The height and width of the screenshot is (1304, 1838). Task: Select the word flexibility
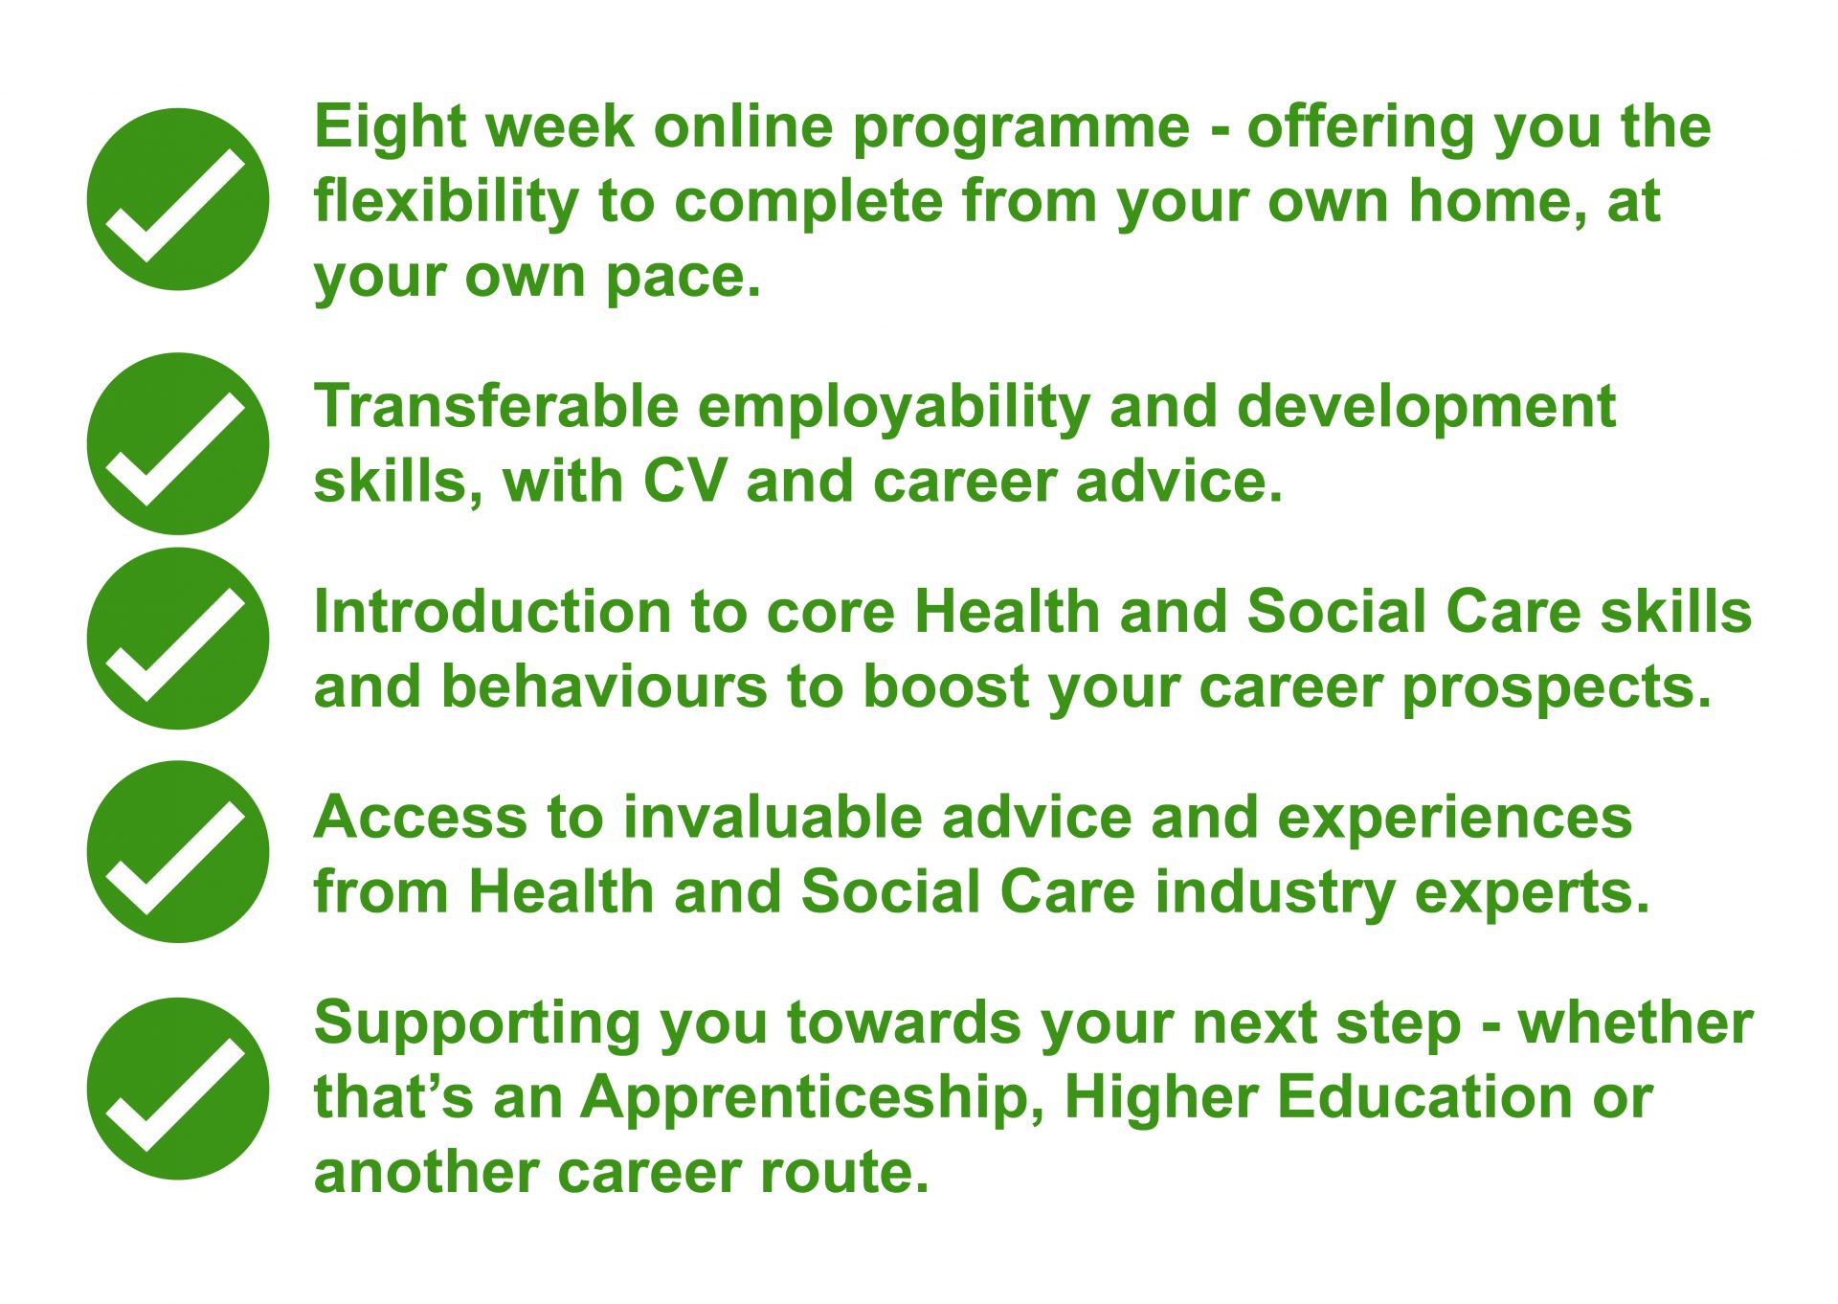click(446, 203)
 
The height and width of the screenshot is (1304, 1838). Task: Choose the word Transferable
click(496, 407)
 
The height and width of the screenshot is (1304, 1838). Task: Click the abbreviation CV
click(684, 481)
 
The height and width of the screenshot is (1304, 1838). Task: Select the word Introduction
click(493, 612)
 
